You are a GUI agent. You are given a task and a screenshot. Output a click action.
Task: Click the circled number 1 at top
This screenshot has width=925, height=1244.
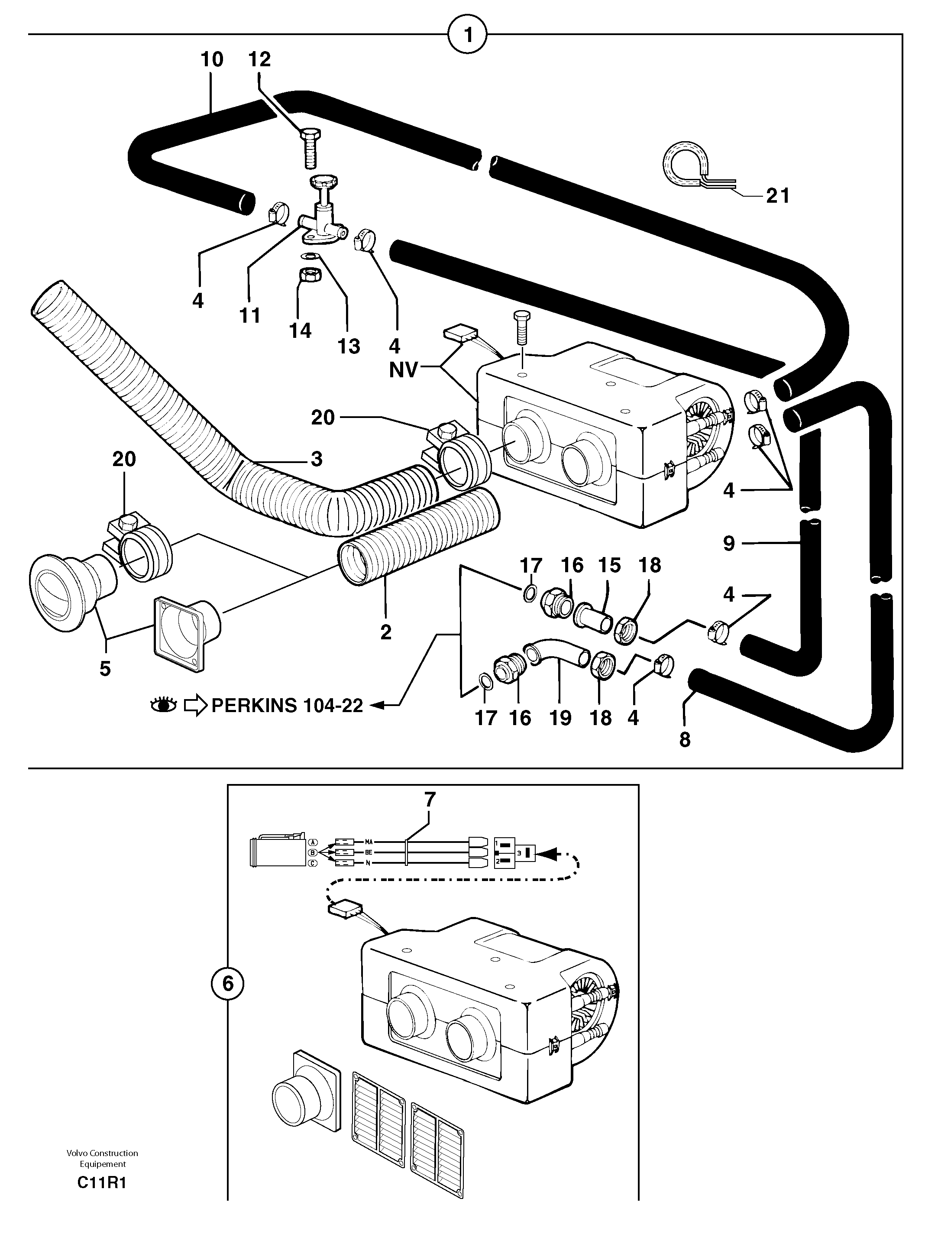click(468, 35)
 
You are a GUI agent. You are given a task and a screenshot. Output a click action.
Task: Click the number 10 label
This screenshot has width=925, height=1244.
click(212, 59)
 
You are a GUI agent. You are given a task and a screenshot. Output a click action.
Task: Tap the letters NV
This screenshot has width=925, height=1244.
click(403, 370)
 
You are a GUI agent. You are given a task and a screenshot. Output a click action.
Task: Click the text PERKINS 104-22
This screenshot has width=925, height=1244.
click(287, 705)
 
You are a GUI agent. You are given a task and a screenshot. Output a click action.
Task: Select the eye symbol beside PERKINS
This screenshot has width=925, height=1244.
click(164, 705)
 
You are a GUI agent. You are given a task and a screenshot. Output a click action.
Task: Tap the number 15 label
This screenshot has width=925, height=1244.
click(609, 565)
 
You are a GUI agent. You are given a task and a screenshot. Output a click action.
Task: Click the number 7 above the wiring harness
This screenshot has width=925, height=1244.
click(430, 800)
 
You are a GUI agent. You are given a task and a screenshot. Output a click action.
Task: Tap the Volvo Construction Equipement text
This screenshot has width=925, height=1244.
click(102, 1158)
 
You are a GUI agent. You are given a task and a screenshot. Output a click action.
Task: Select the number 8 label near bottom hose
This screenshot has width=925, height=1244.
click(685, 740)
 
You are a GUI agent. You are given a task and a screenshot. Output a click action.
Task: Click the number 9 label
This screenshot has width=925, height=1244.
click(728, 543)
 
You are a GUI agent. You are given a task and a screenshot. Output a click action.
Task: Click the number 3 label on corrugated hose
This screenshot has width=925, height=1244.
click(317, 459)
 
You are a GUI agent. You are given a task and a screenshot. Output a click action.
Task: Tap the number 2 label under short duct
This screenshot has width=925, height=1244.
click(385, 632)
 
